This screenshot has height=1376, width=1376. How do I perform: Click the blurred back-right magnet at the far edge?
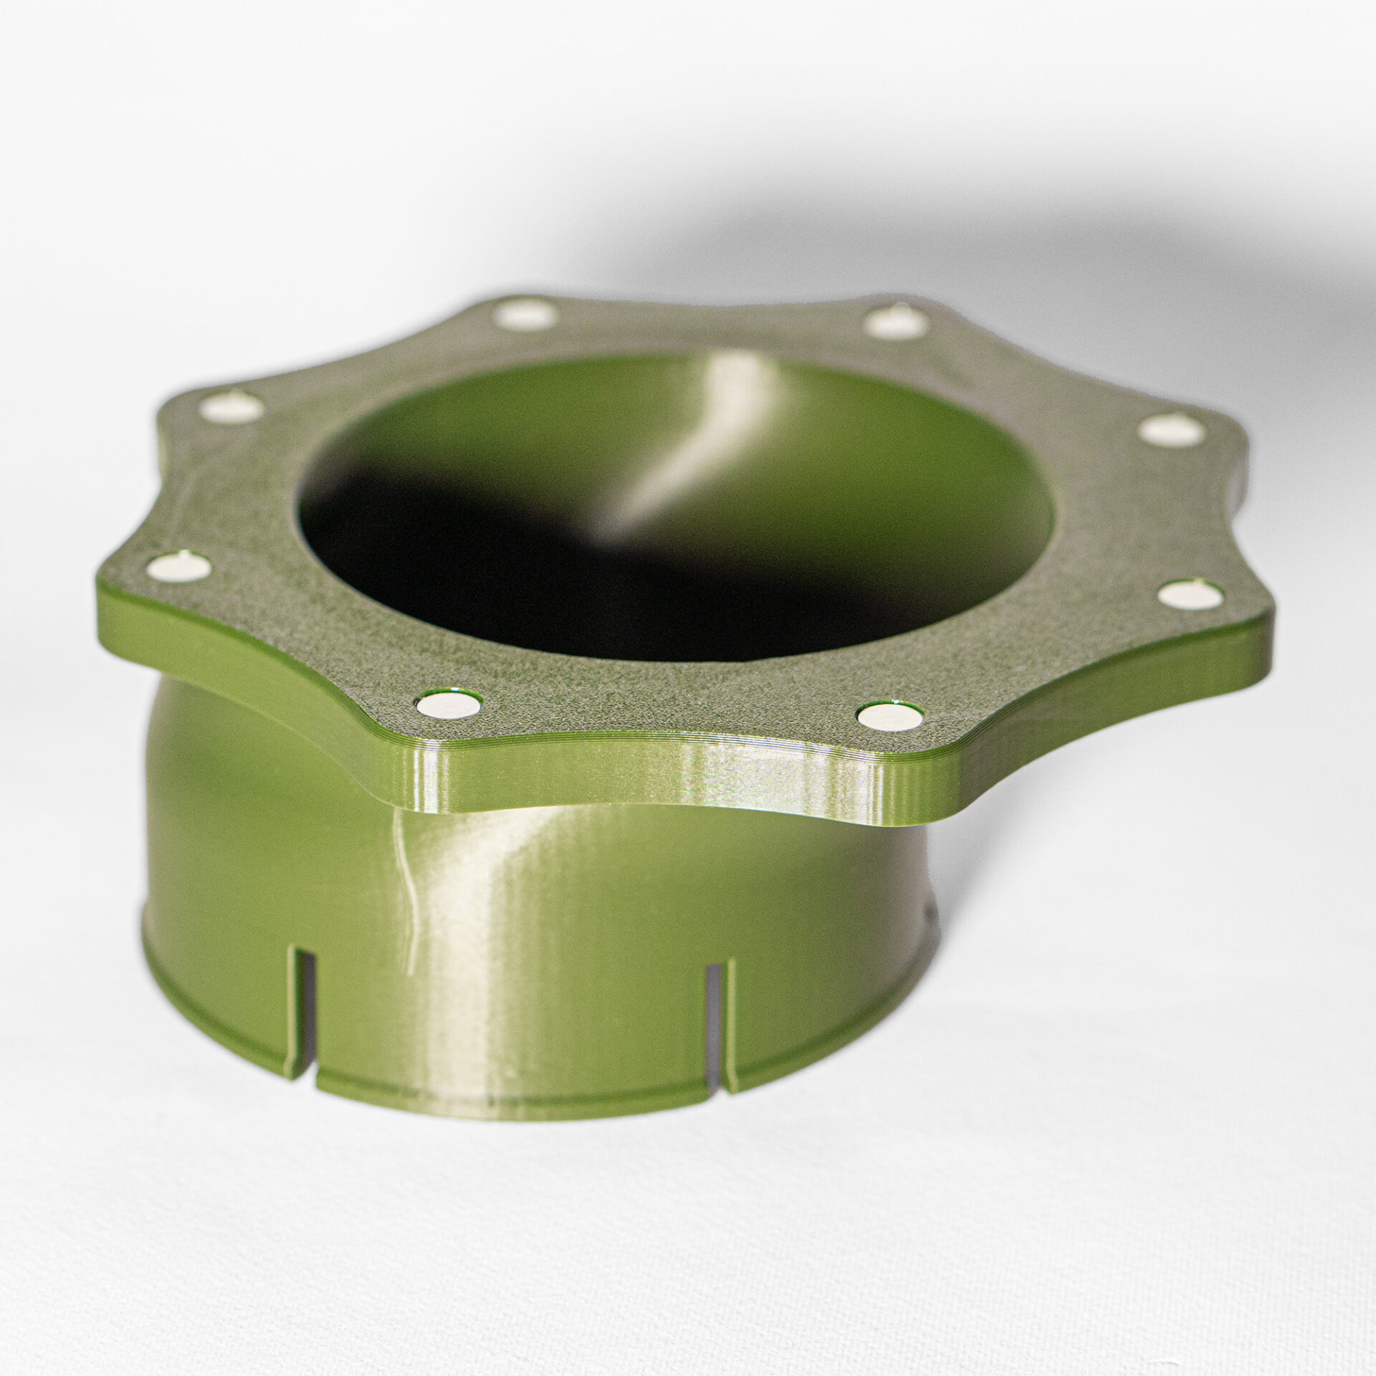click(894, 322)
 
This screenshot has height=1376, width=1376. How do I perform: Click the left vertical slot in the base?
click(303, 1007)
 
